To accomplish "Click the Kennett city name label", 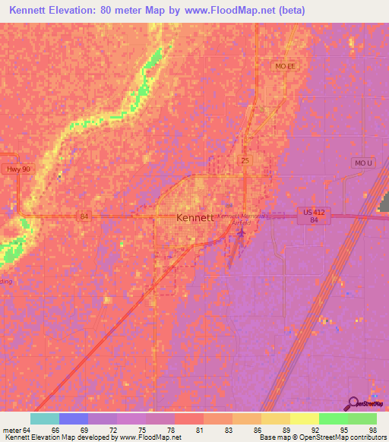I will coord(194,217).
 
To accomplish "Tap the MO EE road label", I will coord(285,67).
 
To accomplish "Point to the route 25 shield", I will coord(245,161).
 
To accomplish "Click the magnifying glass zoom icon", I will coord(353,404).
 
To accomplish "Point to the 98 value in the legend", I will coord(373,429).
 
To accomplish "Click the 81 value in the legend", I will coord(200,429).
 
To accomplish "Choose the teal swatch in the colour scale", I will coord(45,418).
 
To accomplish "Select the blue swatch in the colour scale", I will coord(74,418).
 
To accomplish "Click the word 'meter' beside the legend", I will coord(11,429).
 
